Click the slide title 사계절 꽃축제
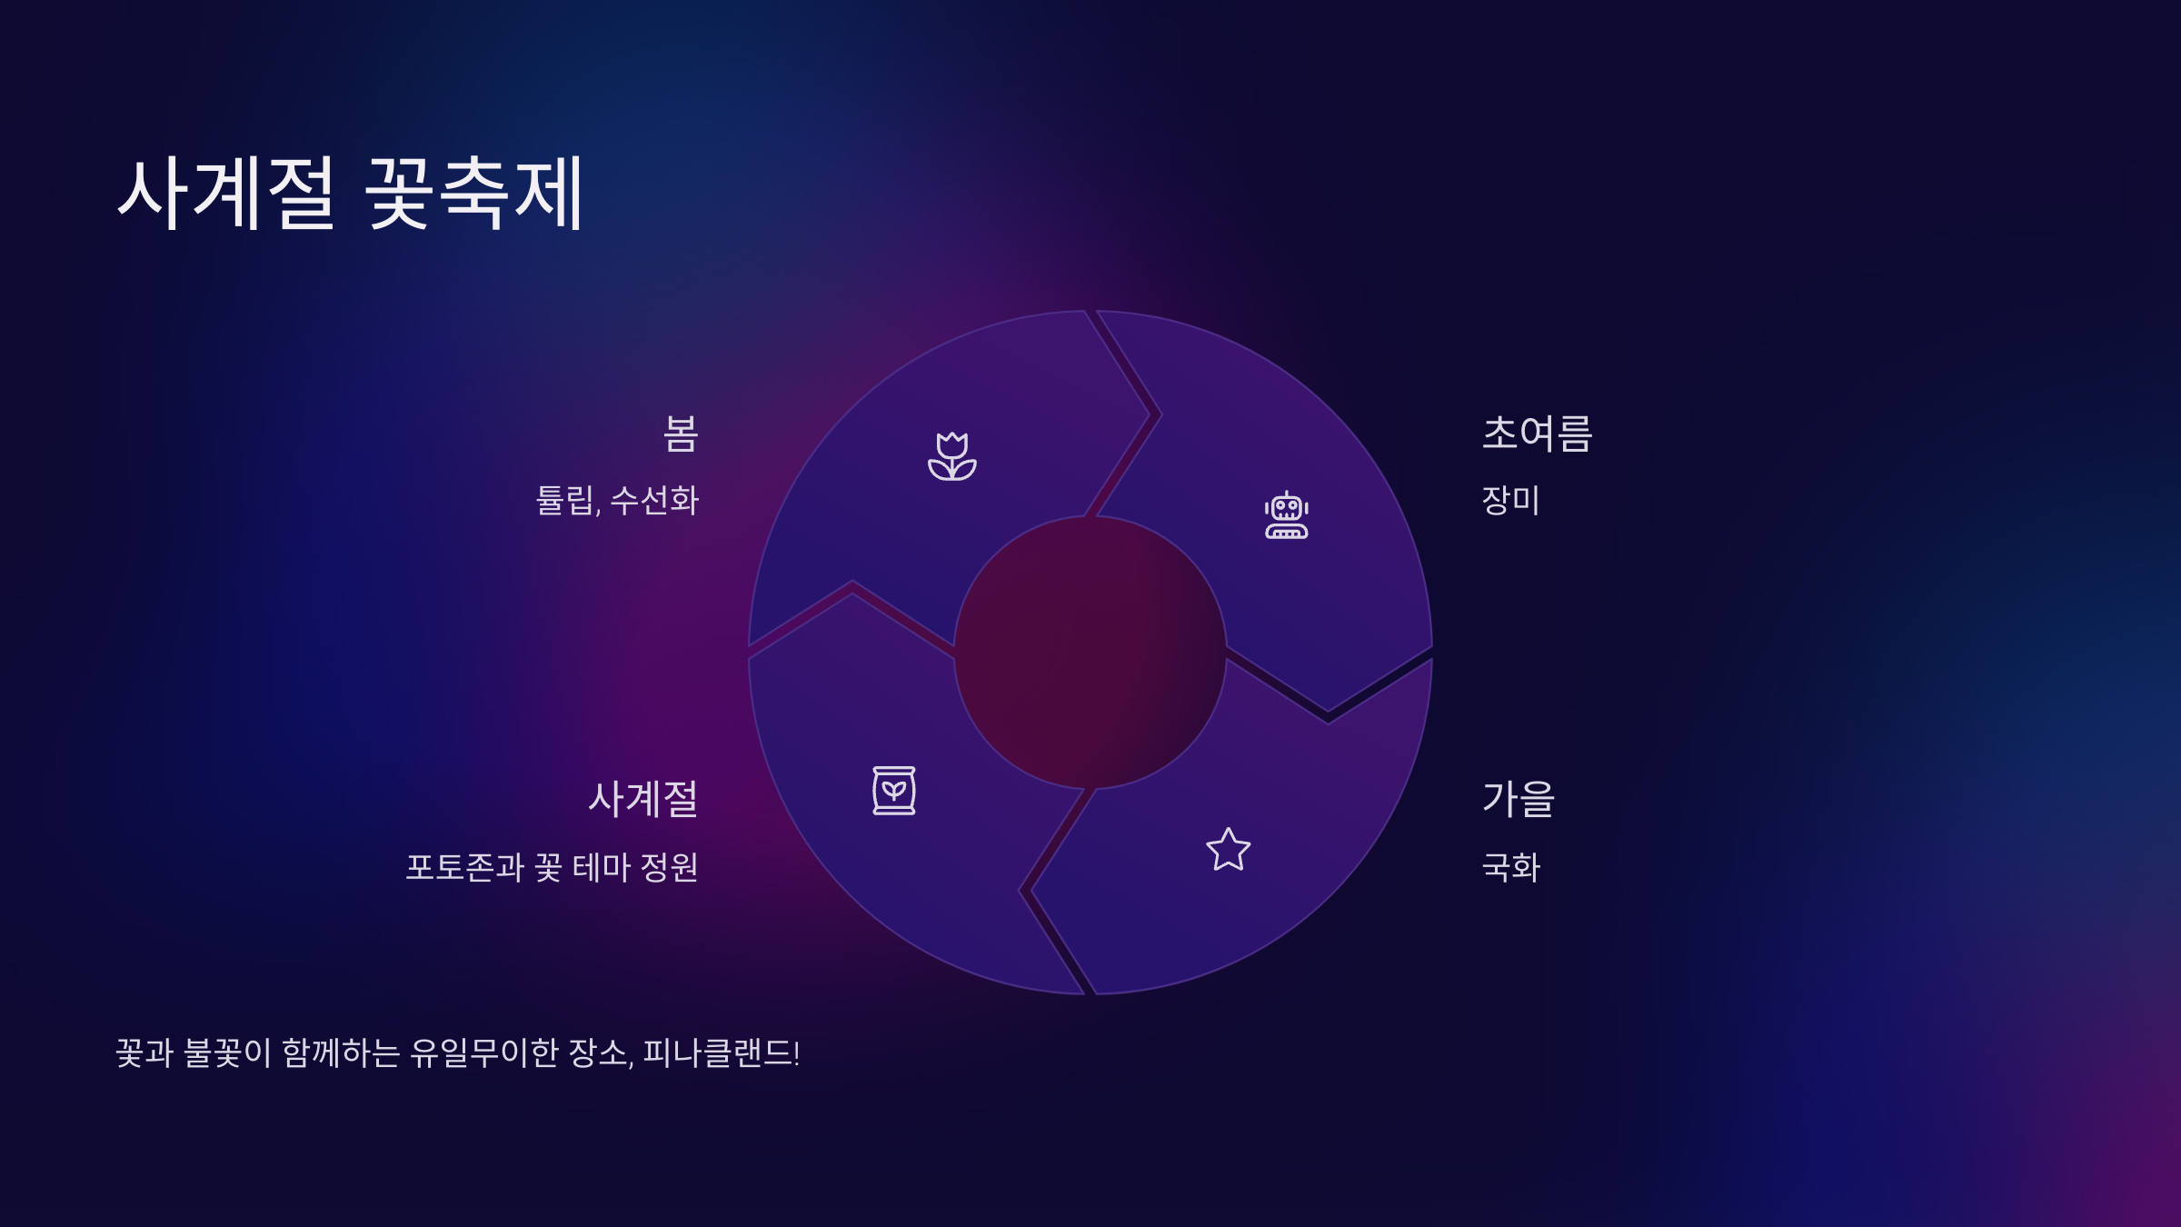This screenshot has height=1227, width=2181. click(350, 193)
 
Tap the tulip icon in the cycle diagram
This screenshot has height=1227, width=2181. click(951, 456)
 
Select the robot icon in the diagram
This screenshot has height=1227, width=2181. click(1286, 515)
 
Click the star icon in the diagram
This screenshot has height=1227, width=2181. click(1228, 850)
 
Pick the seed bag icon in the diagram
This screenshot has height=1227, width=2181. click(893, 791)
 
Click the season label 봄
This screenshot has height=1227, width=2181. click(681, 434)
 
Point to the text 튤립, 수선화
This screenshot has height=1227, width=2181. click(617, 501)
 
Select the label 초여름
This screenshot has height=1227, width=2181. click(1537, 434)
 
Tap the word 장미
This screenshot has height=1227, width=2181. click(1510, 501)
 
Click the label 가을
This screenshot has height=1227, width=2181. click(1519, 799)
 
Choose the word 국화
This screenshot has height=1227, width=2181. click(1510, 867)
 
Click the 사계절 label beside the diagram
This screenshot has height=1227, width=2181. click(642, 799)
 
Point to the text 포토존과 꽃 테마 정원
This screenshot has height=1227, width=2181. click(552, 867)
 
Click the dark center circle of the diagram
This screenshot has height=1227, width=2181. click(1090, 653)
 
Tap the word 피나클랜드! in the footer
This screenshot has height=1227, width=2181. click(722, 1053)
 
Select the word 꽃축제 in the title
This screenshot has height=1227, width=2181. click(473, 193)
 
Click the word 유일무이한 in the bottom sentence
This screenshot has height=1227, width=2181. click(483, 1053)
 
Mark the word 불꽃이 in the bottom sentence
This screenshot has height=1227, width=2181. click(227, 1053)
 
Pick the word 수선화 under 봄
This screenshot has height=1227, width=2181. click(654, 501)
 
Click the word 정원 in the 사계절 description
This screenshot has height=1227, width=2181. click(670, 867)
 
